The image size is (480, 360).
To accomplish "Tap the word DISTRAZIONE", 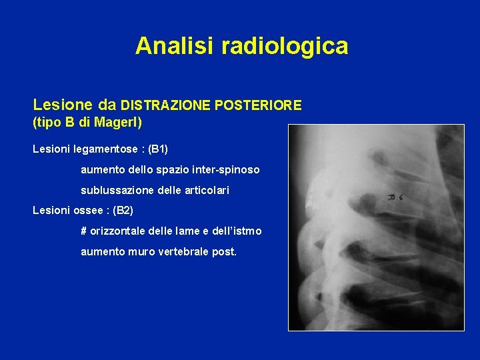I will click(x=163, y=105).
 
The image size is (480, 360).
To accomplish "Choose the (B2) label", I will click(x=123, y=211).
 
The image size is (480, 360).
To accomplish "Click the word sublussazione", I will click(x=114, y=190).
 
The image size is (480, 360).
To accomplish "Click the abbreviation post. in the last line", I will click(x=225, y=252).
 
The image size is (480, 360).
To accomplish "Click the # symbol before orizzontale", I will click(x=84, y=231).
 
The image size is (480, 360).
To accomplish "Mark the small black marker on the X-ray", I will click(x=396, y=197).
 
